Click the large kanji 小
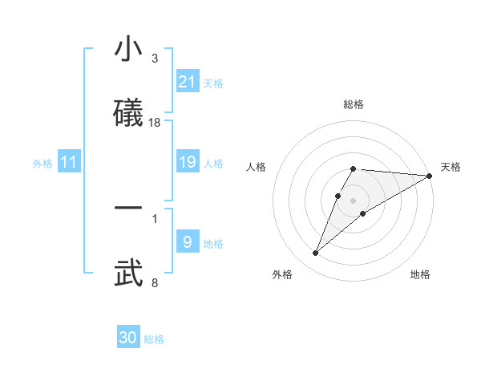click(129, 50)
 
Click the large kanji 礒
click(129, 112)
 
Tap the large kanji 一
click(129, 209)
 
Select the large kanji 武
click(129, 273)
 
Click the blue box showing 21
click(188, 82)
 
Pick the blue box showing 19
click(188, 163)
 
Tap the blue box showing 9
click(188, 242)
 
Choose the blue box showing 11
click(69, 163)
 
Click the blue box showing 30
click(128, 338)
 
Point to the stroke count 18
click(155, 122)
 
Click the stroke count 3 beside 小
click(155, 59)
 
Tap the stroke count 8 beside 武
click(155, 282)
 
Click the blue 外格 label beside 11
click(42, 164)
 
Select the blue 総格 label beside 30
click(154, 339)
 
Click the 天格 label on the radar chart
click(451, 167)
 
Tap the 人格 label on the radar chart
click(257, 167)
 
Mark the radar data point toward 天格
click(430, 176)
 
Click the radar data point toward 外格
click(316, 253)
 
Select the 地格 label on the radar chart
click(420, 274)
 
